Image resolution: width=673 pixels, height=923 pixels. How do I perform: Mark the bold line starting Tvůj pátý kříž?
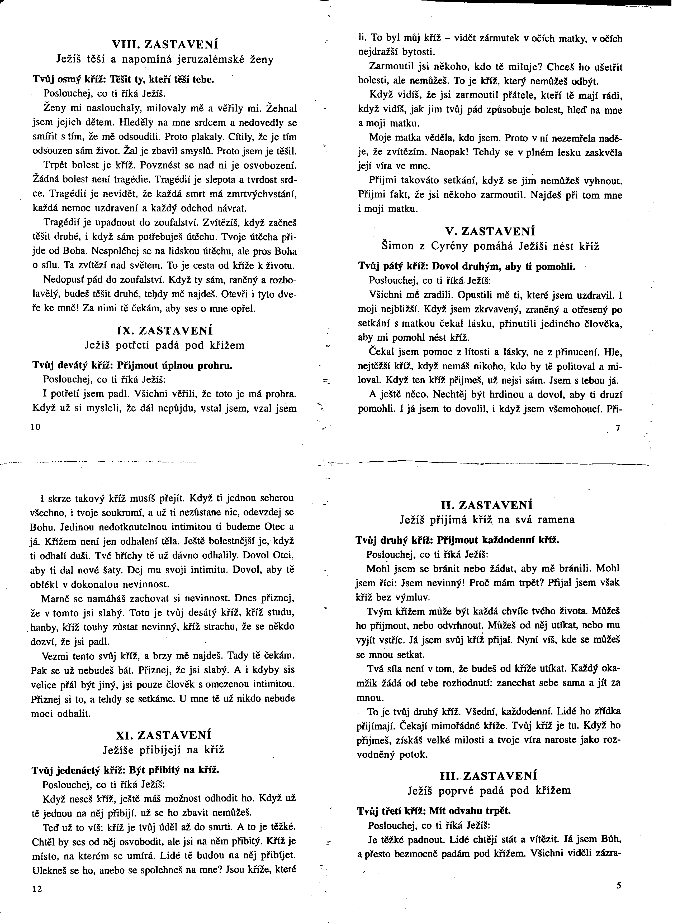click(466, 267)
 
